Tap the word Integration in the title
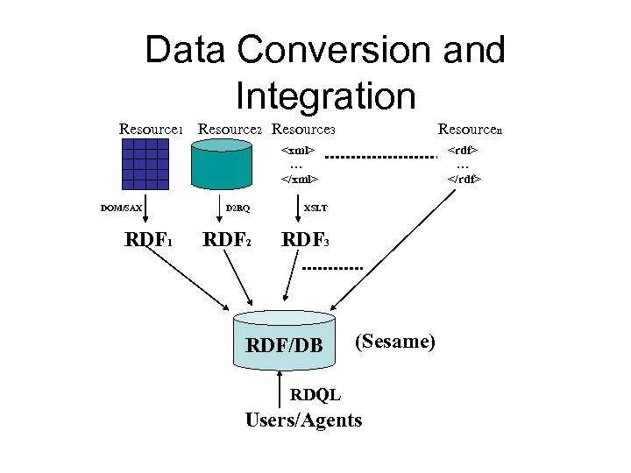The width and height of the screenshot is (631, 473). click(325, 95)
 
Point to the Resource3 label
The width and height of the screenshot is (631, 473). click(303, 130)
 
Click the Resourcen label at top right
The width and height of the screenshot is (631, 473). click(470, 130)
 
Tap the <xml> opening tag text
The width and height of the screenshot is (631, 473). click(298, 150)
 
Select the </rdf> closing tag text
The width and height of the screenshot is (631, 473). click(464, 179)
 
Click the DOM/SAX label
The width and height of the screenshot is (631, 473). click(121, 208)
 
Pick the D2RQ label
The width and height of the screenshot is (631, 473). click(238, 208)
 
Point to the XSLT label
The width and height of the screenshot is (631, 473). click(315, 208)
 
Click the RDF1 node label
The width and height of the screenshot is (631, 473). click(148, 239)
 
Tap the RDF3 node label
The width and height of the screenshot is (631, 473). click(305, 239)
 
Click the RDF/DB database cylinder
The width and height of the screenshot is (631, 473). click(284, 342)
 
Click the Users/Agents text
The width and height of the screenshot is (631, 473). click(303, 420)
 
